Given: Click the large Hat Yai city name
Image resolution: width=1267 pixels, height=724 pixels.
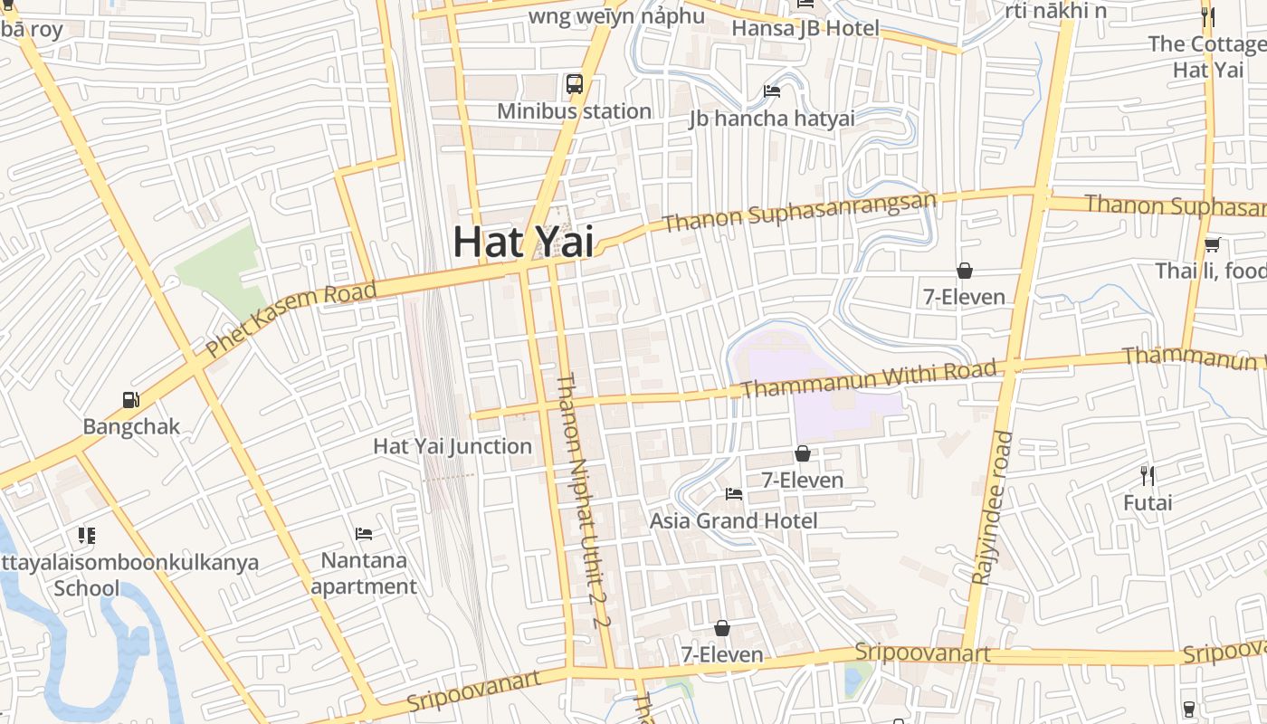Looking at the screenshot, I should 523,241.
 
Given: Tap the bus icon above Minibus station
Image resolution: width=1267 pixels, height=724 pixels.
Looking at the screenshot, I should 575,84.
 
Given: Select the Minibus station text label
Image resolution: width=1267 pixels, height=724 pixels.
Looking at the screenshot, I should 575,111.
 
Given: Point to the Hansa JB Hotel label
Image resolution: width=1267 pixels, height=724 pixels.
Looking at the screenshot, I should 805,28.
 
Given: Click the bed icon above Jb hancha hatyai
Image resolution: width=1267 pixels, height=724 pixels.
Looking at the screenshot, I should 772,90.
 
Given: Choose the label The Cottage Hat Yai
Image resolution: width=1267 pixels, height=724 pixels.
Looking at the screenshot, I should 1208,56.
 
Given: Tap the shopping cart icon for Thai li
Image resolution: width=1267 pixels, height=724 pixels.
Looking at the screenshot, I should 1212,244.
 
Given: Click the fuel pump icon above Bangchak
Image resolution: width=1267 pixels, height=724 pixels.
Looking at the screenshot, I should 131,399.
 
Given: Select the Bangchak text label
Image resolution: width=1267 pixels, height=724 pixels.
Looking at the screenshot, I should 131,426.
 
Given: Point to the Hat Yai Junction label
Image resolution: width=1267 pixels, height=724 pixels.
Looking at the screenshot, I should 452,446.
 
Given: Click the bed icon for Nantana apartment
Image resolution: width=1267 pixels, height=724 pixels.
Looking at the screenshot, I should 364,533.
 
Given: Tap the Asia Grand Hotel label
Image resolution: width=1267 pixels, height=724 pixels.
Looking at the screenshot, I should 733,520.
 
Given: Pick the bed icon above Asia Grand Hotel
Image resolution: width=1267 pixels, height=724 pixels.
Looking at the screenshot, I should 734,494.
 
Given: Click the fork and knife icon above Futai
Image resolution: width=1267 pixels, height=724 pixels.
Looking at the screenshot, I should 1148,475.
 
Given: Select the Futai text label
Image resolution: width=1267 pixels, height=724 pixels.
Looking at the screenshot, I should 1148,502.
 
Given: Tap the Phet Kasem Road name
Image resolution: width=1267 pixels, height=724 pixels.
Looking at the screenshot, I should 290,319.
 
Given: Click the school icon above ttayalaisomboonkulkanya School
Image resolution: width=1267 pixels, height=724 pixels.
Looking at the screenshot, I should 87,535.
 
